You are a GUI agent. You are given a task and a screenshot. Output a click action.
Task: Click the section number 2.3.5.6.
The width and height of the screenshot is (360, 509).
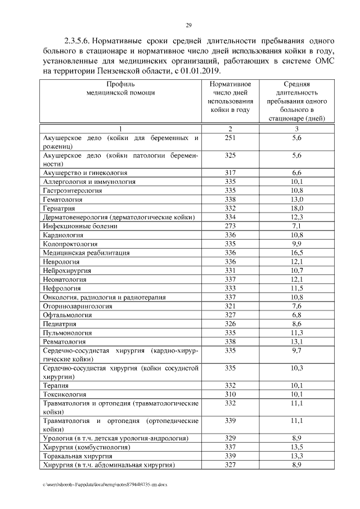[x=78, y=41]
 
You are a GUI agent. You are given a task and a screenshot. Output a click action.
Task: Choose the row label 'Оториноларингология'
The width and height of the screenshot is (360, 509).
[x=78, y=306]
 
